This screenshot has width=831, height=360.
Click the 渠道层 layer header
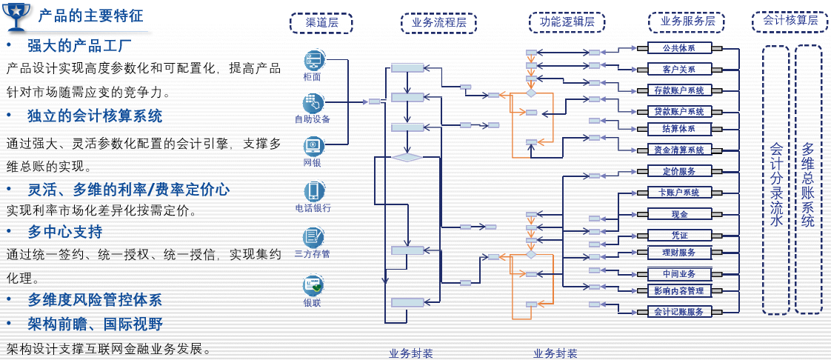[x=321, y=23]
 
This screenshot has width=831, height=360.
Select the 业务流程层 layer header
[x=438, y=23]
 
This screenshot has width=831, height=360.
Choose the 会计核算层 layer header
[x=790, y=21]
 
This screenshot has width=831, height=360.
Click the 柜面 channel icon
[x=313, y=59]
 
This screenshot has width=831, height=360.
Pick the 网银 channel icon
[x=313, y=145]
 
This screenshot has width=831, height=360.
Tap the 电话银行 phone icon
[x=313, y=191]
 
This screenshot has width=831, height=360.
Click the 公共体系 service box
[x=679, y=48]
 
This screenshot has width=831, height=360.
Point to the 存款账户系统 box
[x=679, y=90]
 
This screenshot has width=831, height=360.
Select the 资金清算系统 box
[x=679, y=150]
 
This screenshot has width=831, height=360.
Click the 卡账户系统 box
[x=679, y=193]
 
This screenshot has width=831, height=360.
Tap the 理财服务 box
[x=679, y=253]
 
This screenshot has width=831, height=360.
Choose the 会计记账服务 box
[x=679, y=312]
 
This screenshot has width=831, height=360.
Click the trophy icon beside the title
[x=17, y=16]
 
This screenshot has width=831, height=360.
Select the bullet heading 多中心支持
[x=65, y=232]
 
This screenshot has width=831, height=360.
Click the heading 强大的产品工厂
[x=79, y=46]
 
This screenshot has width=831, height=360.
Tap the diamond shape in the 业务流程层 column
[x=407, y=157]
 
